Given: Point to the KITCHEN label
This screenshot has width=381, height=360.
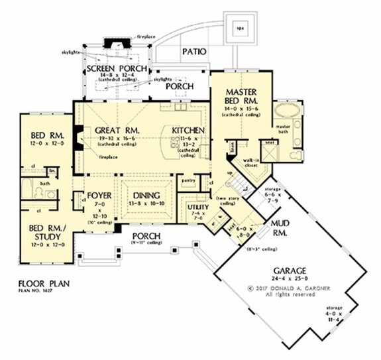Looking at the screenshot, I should [188, 131].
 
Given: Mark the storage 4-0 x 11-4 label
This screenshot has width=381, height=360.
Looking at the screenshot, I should [334, 314].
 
